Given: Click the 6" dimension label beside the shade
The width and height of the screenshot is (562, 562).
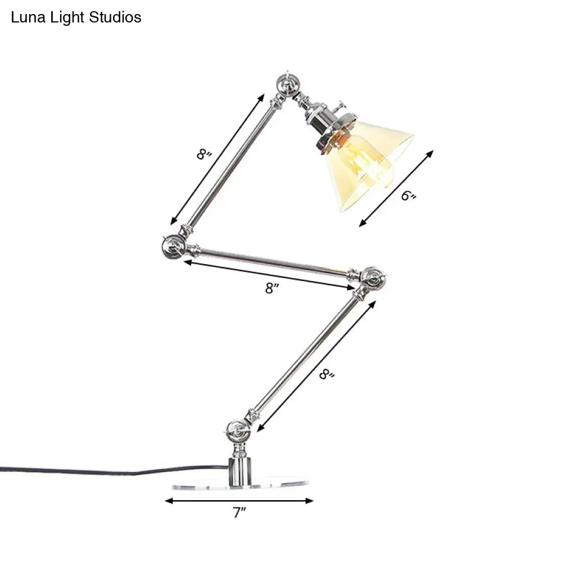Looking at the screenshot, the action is click(408, 196).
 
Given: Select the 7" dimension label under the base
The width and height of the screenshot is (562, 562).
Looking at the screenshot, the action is click(239, 512).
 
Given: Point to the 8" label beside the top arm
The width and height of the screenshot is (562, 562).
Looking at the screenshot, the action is click(204, 154).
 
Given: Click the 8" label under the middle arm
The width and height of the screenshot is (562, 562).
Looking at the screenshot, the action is click(272, 288).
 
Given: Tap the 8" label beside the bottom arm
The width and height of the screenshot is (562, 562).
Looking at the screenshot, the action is click(327, 374).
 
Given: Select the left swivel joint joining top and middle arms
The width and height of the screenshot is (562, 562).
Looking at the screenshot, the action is click(174, 247).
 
